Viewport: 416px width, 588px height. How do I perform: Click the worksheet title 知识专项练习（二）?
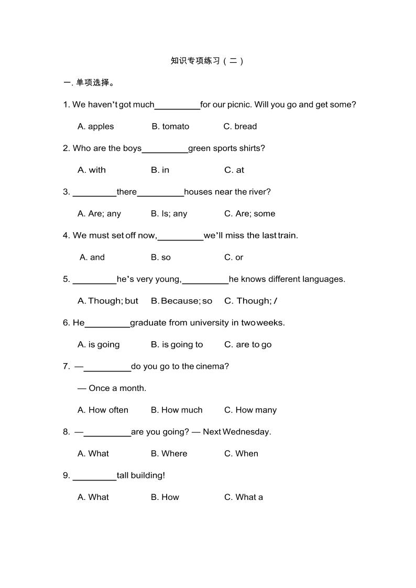[x=207, y=61]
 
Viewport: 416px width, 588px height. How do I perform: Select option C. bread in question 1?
[x=240, y=126]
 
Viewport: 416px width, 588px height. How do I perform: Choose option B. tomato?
[x=170, y=126]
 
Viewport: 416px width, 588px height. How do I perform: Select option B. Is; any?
[x=169, y=214]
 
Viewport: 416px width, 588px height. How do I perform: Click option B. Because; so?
[x=181, y=301]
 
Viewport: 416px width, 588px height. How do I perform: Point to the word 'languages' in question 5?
[x=324, y=279]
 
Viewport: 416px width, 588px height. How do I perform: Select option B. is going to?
[x=177, y=345]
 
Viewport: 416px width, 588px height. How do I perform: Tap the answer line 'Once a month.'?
[x=117, y=388]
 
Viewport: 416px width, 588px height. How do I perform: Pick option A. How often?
[x=103, y=410]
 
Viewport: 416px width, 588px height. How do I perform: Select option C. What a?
[x=244, y=497]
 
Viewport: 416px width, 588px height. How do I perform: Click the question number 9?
[x=66, y=475]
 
